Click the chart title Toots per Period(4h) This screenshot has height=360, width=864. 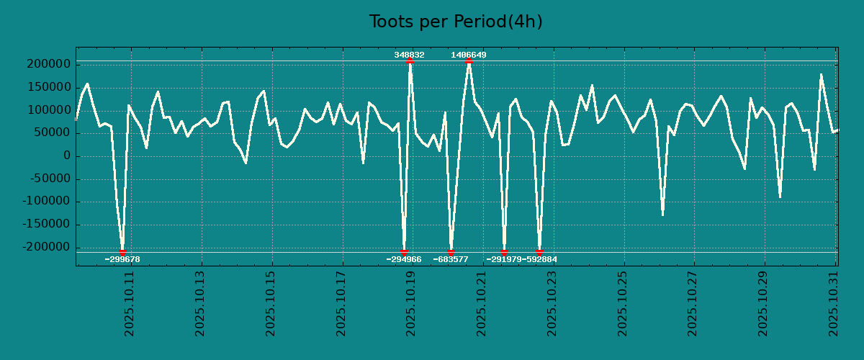(455, 22)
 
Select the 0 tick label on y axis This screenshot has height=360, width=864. (67, 156)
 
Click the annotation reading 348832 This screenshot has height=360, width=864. (409, 55)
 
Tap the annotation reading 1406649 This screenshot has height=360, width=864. (469, 55)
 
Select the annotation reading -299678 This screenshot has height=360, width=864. (122, 259)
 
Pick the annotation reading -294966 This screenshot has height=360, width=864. (404, 259)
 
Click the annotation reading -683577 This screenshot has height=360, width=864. (451, 259)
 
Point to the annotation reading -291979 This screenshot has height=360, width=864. (503, 259)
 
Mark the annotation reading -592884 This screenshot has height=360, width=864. (539, 259)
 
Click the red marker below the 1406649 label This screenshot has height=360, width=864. (469, 61)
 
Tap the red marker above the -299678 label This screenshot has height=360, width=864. (122, 252)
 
